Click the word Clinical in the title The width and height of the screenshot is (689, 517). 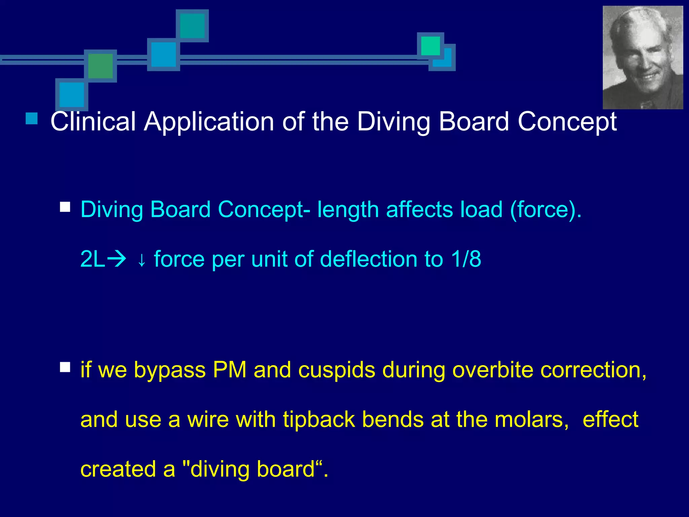pyautogui.click(x=93, y=121)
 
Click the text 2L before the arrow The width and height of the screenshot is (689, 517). pyautogui.click(x=93, y=259)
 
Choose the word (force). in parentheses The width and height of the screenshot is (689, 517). pyautogui.click(x=545, y=209)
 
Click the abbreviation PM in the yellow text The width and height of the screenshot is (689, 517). pyautogui.click(x=230, y=370)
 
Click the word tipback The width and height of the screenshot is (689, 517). pyautogui.click(x=319, y=420)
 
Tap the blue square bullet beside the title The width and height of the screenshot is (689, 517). pyautogui.click(x=32, y=118)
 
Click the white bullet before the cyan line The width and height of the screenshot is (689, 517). pyautogui.click(x=65, y=207)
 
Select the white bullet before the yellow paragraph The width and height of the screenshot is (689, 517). pyautogui.click(x=65, y=367)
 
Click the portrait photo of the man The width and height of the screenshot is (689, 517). pyautogui.click(x=643, y=58)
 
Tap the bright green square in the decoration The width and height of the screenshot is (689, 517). pyautogui.click(x=430, y=46)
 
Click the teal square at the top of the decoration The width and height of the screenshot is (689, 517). pyautogui.click(x=192, y=26)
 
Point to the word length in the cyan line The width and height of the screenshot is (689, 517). pyautogui.click(x=348, y=209)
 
